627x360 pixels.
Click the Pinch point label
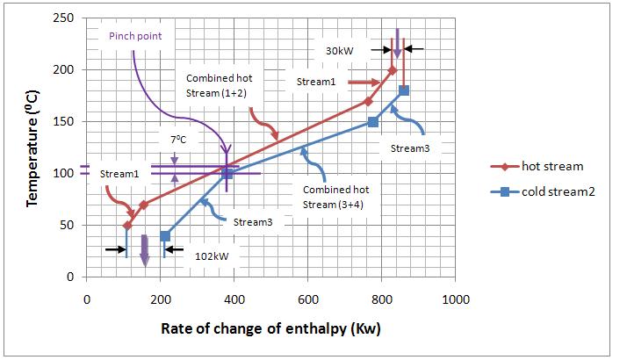tap(135, 36)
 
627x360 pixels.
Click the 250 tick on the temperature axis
tap(64, 18)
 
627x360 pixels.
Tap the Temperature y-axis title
tap(32, 147)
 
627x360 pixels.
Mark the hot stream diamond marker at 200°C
tap(393, 70)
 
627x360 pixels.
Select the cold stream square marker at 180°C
tap(404, 90)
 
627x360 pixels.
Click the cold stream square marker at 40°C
tap(165, 235)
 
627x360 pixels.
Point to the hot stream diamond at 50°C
tap(127, 226)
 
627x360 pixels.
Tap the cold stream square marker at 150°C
tap(372, 122)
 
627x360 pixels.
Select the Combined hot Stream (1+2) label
tap(216, 85)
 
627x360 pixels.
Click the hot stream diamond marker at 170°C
tap(368, 101)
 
